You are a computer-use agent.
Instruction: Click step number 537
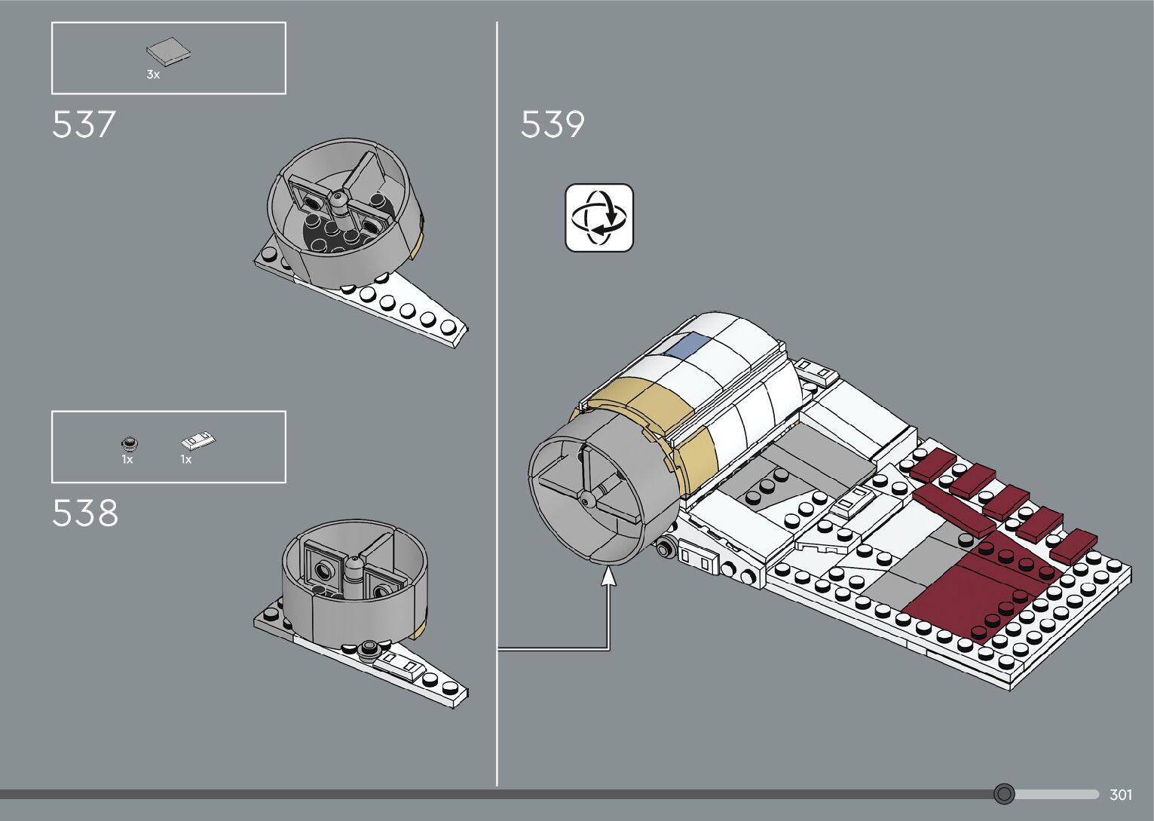(x=84, y=124)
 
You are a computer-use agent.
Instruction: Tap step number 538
(x=85, y=513)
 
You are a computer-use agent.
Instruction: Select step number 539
(x=553, y=124)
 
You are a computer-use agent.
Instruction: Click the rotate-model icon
(x=599, y=217)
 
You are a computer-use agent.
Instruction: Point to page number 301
(x=1121, y=795)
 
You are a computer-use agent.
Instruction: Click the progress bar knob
(x=1004, y=794)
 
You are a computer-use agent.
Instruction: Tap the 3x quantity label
(x=153, y=75)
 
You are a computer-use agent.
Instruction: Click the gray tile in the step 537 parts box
(x=168, y=52)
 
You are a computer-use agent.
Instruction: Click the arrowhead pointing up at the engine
(x=608, y=577)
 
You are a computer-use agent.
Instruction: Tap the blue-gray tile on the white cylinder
(x=687, y=347)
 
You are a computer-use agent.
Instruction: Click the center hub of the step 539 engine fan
(x=586, y=498)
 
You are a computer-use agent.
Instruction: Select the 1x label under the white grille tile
(x=185, y=459)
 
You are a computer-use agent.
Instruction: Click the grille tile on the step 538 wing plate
(x=401, y=664)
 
